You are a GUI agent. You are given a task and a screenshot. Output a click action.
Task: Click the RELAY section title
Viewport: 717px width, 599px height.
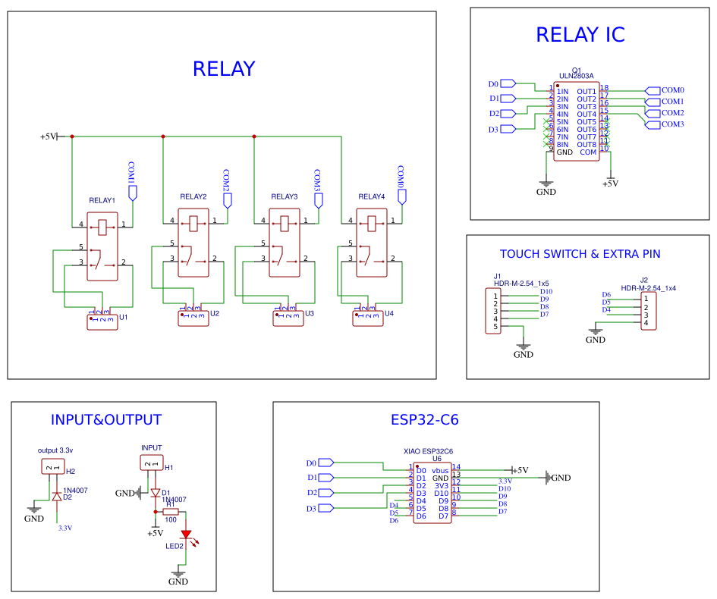click(x=224, y=69)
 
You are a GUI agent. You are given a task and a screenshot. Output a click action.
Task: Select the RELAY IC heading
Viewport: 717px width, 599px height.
click(x=580, y=35)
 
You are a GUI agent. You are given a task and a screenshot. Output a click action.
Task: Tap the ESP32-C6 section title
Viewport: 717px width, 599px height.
click(x=424, y=420)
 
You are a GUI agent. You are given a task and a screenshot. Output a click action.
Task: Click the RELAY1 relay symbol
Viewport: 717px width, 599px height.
click(x=102, y=246)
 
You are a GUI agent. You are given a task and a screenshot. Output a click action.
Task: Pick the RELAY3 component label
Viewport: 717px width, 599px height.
click(x=285, y=197)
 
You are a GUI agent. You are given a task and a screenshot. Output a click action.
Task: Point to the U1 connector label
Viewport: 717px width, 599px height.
click(x=124, y=317)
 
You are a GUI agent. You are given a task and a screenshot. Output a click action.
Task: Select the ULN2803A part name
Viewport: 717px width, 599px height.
click(x=577, y=76)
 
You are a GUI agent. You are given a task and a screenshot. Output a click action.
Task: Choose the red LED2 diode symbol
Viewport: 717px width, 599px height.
click(x=186, y=535)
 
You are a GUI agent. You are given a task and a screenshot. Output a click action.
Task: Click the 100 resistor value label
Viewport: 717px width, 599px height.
click(x=171, y=519)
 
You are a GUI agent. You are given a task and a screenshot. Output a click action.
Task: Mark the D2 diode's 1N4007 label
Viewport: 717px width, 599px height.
click(x=75, y=491)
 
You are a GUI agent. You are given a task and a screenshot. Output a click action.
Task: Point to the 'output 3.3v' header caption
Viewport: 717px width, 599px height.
click(x=55, y=450)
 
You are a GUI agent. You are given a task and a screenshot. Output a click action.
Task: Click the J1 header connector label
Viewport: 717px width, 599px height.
click(x=498, y=276)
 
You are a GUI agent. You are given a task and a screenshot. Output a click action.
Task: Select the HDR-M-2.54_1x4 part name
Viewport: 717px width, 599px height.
click(x=648, y=288)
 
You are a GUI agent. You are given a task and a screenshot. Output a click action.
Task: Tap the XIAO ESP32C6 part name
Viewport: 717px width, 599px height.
click(x=428, y=451)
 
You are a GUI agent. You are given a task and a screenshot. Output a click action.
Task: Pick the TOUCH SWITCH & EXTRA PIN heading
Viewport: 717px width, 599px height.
click(x=580, y=254)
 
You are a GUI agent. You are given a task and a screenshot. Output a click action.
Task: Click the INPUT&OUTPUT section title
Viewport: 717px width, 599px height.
click(x=106, y=420)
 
